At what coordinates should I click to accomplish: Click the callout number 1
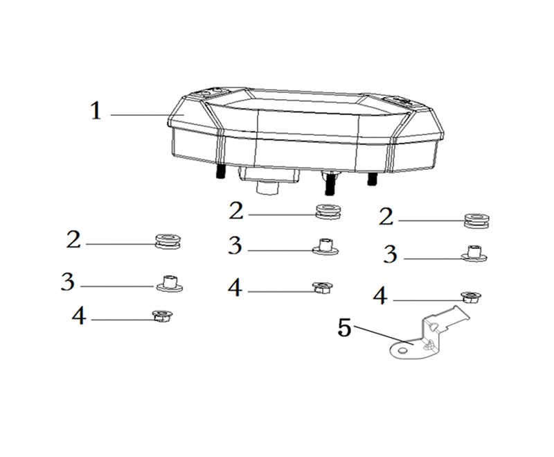point(96,110)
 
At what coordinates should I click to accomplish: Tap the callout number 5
point(344,327)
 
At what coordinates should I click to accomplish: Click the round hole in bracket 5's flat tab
point(402,350)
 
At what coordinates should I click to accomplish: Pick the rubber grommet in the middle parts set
point(328,212)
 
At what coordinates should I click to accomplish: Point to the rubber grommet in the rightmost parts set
point(476,221)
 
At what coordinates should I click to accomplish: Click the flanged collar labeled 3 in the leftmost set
point(170,284)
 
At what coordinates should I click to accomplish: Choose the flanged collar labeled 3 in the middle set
point(325,247)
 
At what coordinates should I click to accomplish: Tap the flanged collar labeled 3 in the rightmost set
point(474,254)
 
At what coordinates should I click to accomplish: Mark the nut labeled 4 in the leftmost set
point(162,315)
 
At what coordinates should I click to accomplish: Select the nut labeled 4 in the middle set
point(323,286)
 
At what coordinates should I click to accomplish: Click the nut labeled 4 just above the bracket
point(472,296)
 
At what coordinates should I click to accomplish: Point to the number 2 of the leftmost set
point(73,239)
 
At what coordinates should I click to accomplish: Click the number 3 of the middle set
point(235,245)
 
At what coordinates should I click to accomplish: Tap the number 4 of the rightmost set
point(380,295)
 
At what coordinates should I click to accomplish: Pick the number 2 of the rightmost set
point(386,216)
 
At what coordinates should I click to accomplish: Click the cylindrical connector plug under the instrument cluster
point(267,187)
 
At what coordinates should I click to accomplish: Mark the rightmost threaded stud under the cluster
point(372,179)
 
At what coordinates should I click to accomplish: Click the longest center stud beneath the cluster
point(330,184)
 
